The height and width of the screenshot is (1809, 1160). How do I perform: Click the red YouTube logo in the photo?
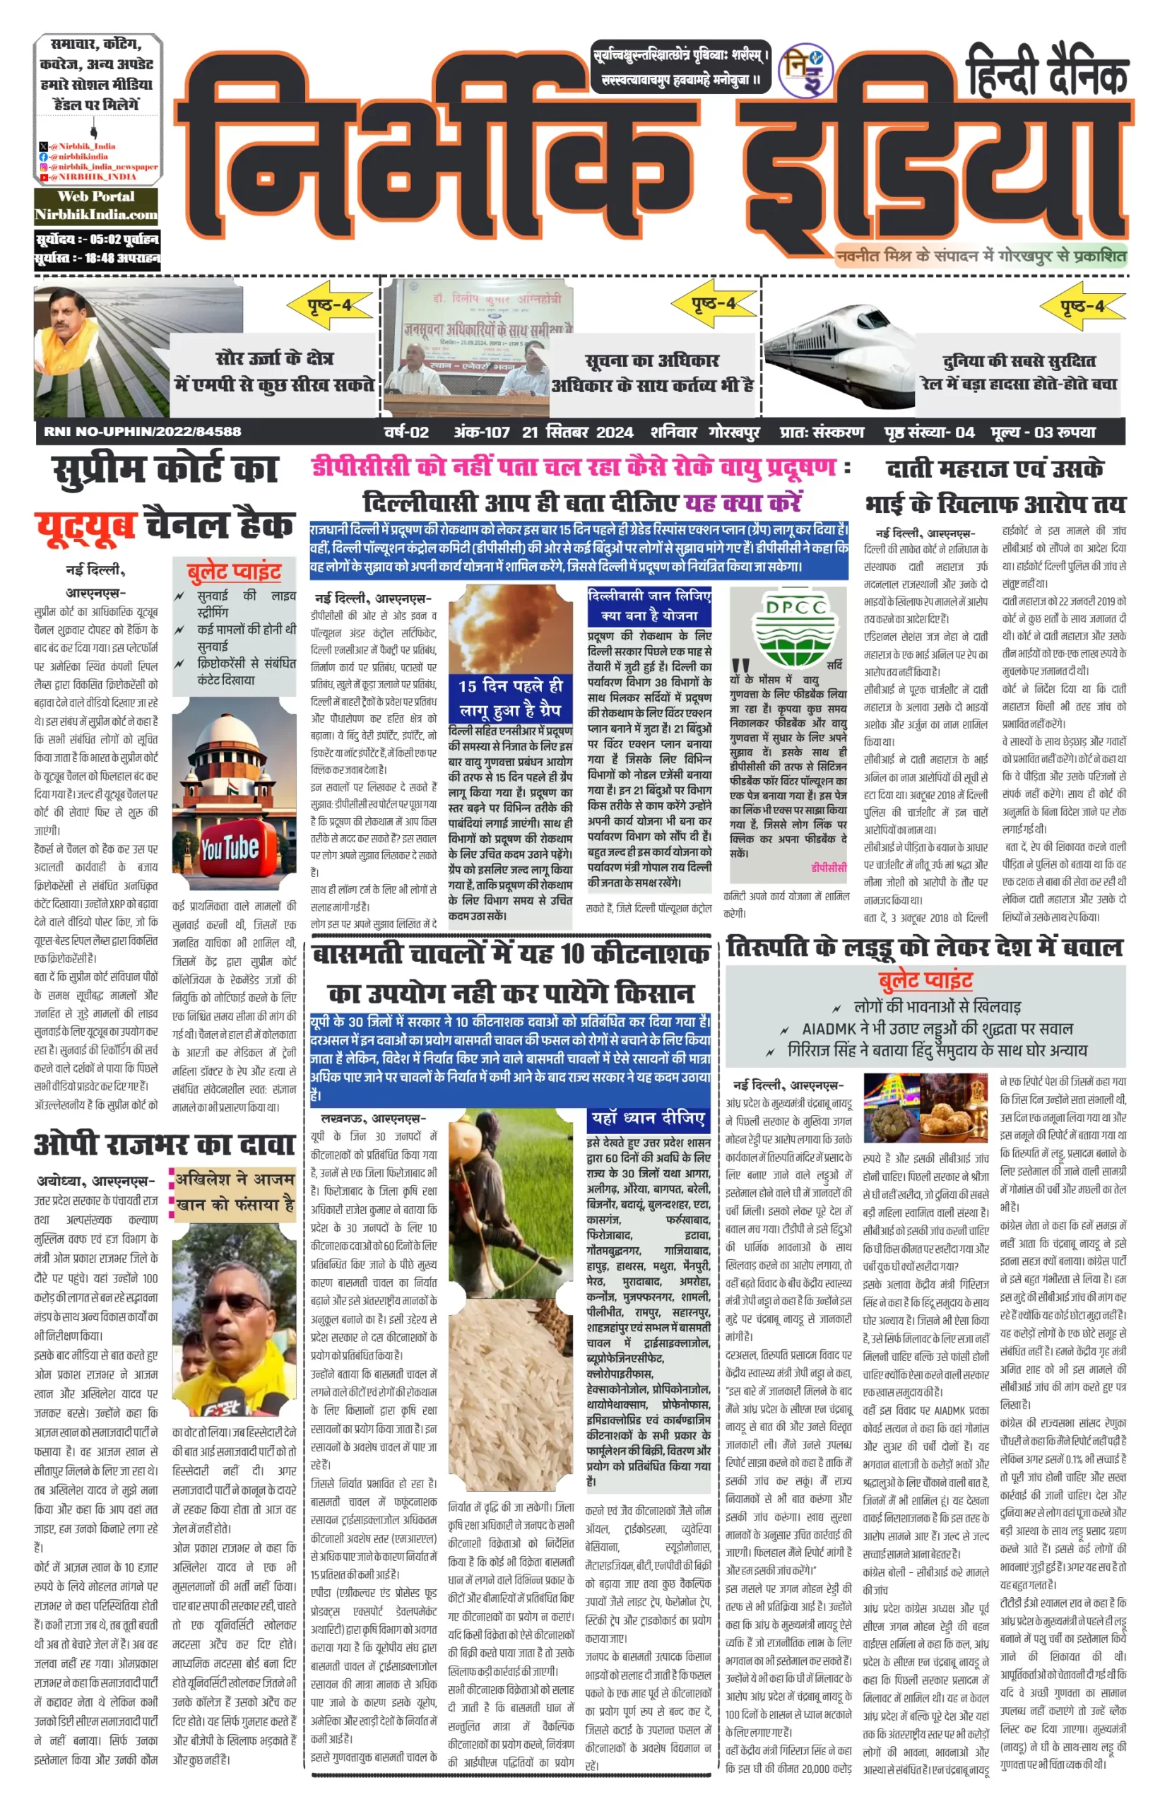[x=230, y=850]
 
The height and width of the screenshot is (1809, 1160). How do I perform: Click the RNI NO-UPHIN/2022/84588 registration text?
[x=143, y=432]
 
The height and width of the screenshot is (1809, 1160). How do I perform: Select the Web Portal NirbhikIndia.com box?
[x=96, y=206]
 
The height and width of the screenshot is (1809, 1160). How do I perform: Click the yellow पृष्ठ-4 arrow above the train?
[x=1082, y=306]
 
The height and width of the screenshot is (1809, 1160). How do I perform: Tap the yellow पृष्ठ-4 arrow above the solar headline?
[x=330, y=306]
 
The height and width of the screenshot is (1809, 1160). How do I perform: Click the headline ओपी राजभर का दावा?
[x=163, y=1145]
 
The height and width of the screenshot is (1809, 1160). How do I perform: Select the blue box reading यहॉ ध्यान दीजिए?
[x=649, y=1118]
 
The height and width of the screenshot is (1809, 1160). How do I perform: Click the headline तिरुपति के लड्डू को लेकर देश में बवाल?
[x=924, y=948]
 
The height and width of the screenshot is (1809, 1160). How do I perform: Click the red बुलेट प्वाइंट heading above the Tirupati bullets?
[x=925, y=979]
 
